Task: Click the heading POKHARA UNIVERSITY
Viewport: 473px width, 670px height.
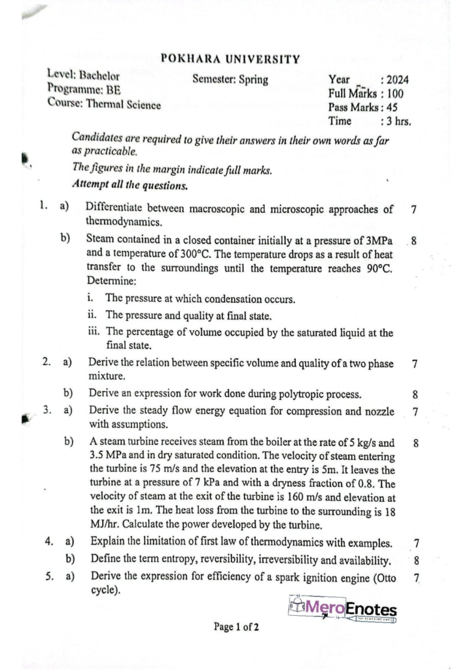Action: click(x=230, y=60)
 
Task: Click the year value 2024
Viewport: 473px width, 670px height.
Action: click(x=398, y=80)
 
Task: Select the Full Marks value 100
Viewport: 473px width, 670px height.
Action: click(x=394, y=94)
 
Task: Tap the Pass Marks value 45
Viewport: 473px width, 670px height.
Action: click(x=394, y=107)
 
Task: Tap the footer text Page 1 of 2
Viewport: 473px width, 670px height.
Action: click(x=236, y=628)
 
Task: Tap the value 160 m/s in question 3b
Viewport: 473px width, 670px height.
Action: click(x=312, y=497)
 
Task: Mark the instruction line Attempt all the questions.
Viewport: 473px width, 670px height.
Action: click(x=131, y=185)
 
